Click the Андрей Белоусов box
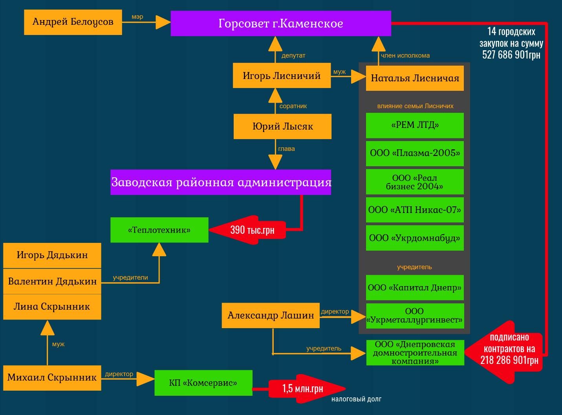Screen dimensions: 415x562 (73, 22)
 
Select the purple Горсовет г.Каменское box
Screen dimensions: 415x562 (280, 24)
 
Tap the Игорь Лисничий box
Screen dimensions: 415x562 (282, 75)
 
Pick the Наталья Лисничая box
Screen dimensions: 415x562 (415, 78)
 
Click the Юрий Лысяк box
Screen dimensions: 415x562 (282, 127)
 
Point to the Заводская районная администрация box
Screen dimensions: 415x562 (221, 182)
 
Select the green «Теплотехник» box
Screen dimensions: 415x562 (159, 230)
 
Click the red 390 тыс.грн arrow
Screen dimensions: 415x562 (247, 230)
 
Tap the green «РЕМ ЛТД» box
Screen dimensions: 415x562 (415, 125)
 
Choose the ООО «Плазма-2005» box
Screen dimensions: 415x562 (415, 153)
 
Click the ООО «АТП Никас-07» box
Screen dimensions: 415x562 (415, 210)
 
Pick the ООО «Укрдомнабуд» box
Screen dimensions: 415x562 (415, 238)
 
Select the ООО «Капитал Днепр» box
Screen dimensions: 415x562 (415, 288)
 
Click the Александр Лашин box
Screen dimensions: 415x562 (271, 315)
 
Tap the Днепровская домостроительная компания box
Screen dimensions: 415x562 (415, 353)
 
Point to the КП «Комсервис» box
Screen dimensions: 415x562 (203, 383)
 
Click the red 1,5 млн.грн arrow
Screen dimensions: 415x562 (304, 389)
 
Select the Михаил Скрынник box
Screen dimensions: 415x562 (52, 378)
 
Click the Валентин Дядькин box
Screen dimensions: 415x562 (52, 281)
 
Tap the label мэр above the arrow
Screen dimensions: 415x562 (137, 17)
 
